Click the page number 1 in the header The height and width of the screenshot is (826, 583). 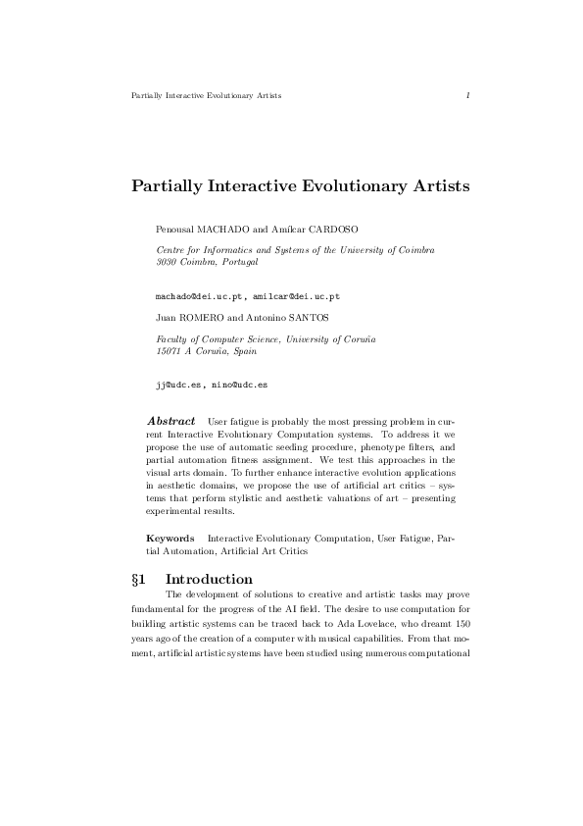[469, 95]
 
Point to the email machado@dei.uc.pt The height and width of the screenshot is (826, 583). [200, 295]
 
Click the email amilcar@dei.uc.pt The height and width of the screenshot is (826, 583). [296, 295]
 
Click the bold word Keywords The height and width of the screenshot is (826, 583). [170, 539]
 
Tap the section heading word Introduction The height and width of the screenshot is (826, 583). [210, 579]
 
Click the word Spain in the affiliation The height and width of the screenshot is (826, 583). [239, 350]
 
